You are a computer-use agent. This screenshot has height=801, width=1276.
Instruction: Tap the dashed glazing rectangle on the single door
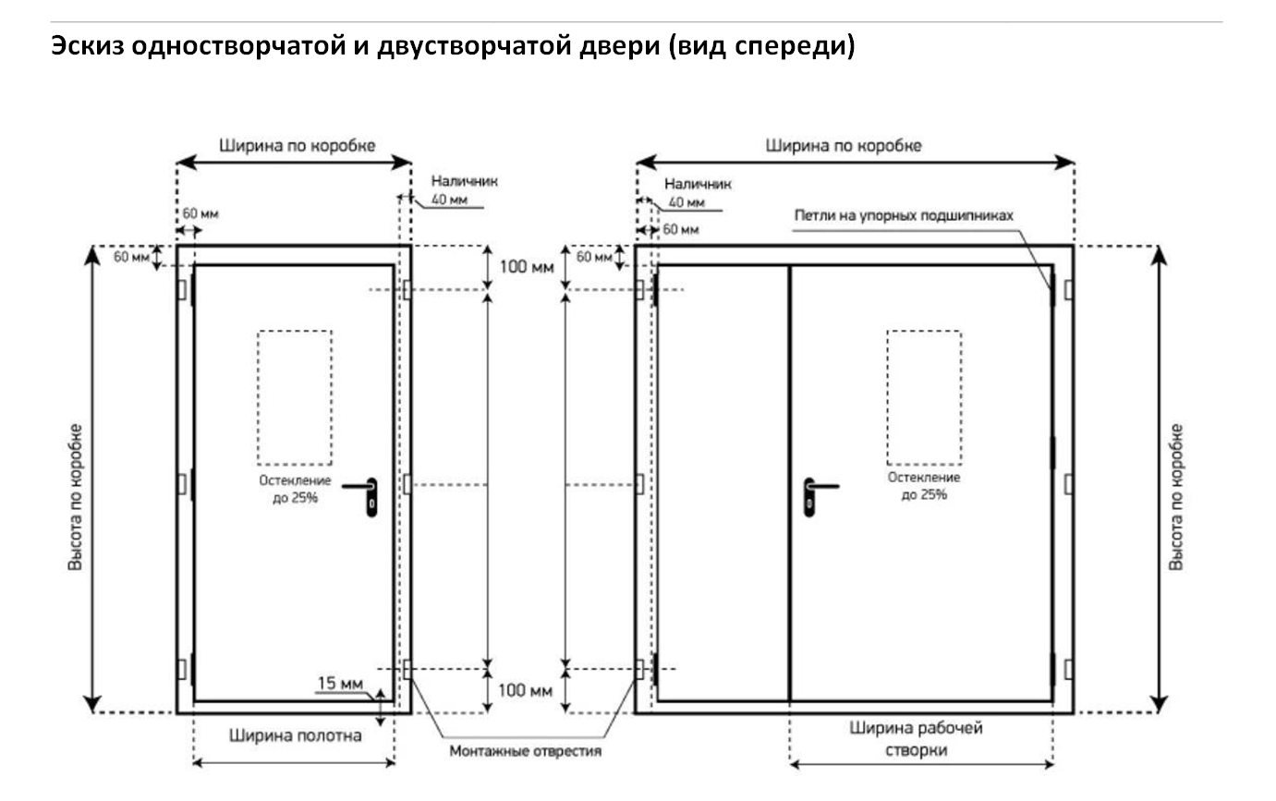click(295, 397)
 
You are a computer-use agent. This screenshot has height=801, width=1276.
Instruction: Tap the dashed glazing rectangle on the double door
click(924, 397)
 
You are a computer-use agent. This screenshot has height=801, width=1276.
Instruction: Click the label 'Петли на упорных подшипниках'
click(904, 215)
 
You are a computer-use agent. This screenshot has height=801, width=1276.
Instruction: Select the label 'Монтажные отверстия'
click(525, 751)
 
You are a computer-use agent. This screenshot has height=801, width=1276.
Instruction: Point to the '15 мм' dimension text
click(340, 685)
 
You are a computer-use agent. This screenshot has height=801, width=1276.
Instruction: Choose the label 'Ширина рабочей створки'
click(916, 738)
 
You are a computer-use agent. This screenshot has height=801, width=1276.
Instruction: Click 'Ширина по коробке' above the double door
click(844, 145)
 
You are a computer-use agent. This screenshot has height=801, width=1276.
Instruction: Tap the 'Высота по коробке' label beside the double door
click(1176, 497)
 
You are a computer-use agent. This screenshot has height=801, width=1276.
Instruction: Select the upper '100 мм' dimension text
click(526, 268)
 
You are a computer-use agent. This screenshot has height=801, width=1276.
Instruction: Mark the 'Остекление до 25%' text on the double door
click(923, 486)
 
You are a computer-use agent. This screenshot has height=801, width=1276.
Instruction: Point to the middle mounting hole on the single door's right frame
click(407, 484)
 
